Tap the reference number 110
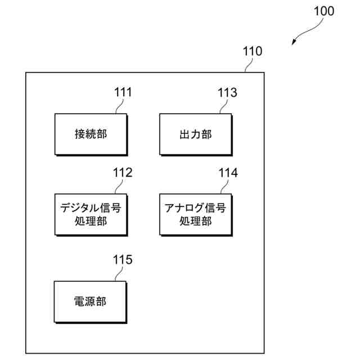click(x=252, y=51)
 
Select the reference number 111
click(x=123, y=92)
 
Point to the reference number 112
click(x=123, y=172)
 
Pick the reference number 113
click(x=227, y=92)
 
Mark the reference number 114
click(x=228, y=172)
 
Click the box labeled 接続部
click(x=91, y=134)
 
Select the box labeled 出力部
click(x=195, y=134)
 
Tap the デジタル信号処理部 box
click(x=91, y=214)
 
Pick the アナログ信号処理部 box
click(x=195, y=214)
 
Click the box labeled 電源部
click(x=91, y=301)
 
